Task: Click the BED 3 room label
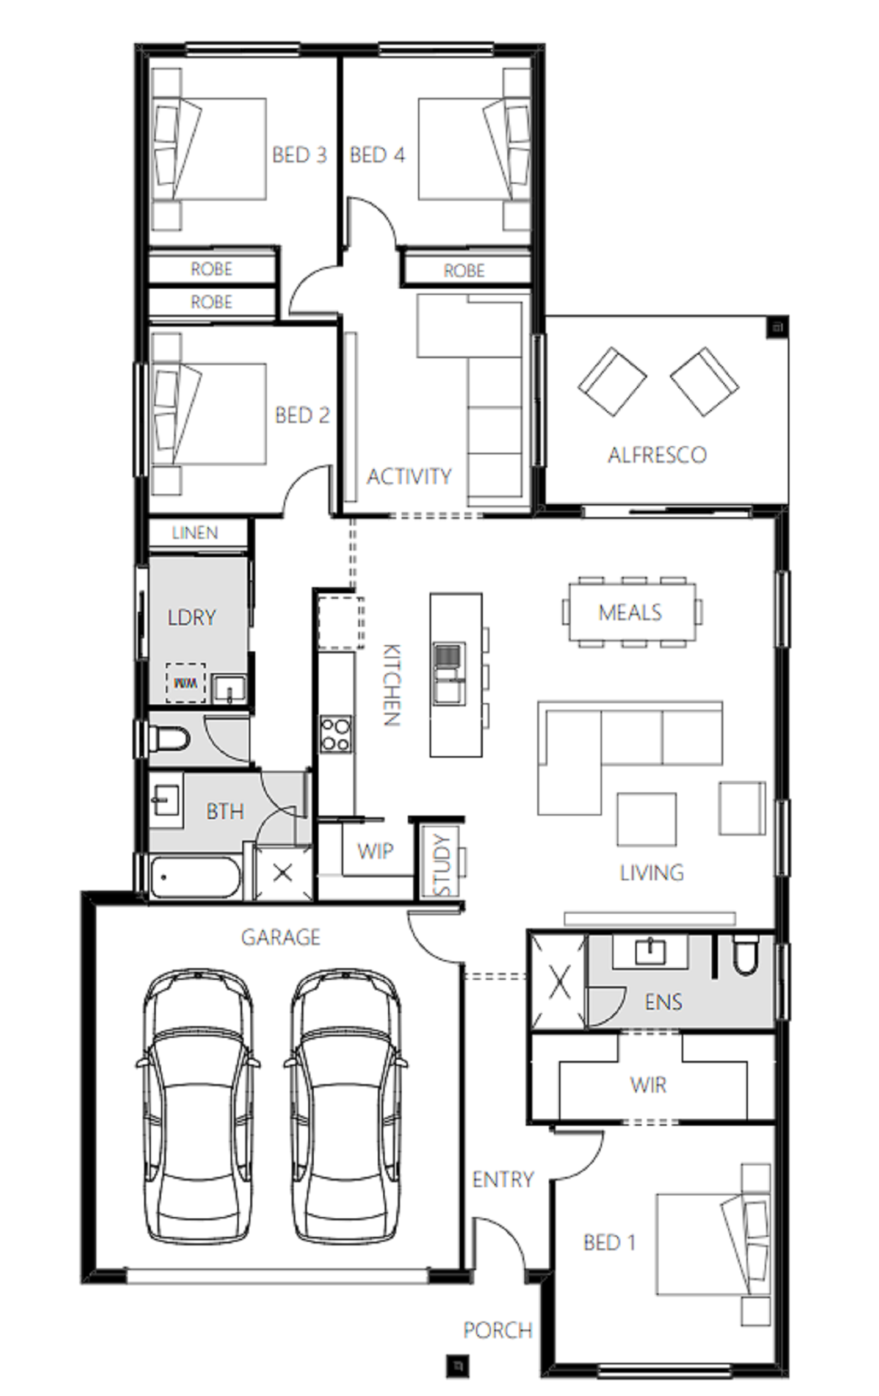[x=299, y=155]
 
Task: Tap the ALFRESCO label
[x=657, y=455]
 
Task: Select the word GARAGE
[x=281, y=937]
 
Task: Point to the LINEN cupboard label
[x=195, y=533]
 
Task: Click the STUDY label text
[x=442, y=865]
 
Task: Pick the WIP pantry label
[x=375, y=850]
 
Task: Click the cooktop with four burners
[x=336, y=734]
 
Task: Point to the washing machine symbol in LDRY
[x=186, y=683]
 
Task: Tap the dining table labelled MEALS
[x=631, y=612]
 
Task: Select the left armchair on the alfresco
[x=612, y=382]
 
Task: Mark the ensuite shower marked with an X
[x=559, y=983]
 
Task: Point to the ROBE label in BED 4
[x=464, y=270]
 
